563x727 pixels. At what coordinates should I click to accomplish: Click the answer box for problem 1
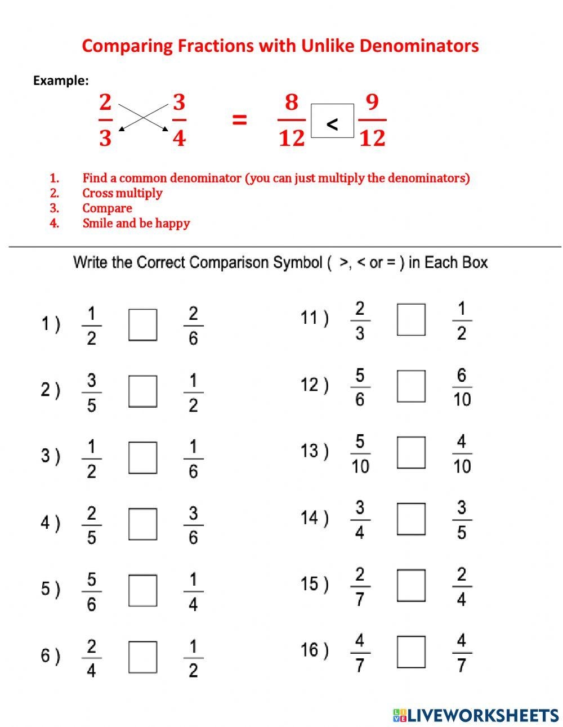(142, 325)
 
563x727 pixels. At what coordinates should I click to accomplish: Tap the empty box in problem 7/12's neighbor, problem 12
(411, 386)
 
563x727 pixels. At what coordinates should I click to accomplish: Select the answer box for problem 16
(411, 652)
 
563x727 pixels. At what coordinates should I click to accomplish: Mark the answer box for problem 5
(142, 590)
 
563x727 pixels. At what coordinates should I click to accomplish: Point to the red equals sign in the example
(240, 119)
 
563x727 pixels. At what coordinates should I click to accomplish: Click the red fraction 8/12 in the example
(291, 120)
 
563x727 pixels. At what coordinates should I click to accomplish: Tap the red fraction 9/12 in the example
(372, 120)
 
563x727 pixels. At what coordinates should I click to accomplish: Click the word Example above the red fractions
(61, 81)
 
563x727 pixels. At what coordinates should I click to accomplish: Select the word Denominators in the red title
(418, 46)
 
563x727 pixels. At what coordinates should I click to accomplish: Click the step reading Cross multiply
(122, 193)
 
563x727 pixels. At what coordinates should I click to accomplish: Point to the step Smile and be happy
(136, 223)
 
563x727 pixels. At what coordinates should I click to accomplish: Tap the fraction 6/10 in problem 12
(462, 387)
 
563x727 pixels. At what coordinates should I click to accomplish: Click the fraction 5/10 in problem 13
(360, 454)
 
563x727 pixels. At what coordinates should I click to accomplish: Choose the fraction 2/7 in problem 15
(360, 586)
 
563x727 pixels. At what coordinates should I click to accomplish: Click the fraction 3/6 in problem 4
(193, 525)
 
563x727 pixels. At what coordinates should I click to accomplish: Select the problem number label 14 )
(314, 518)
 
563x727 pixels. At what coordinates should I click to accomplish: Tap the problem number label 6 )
(50, 656)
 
